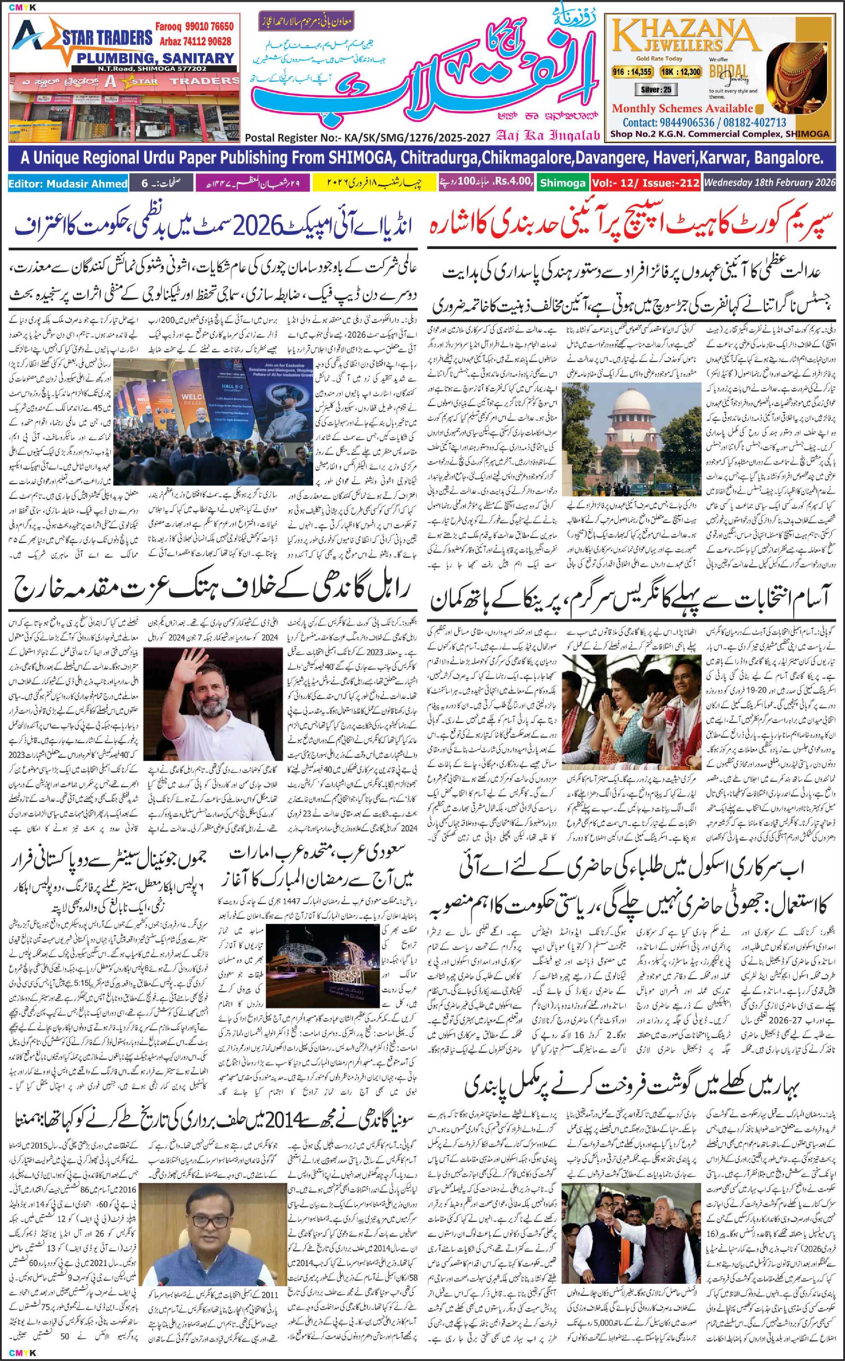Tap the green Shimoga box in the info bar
point(563,183)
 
